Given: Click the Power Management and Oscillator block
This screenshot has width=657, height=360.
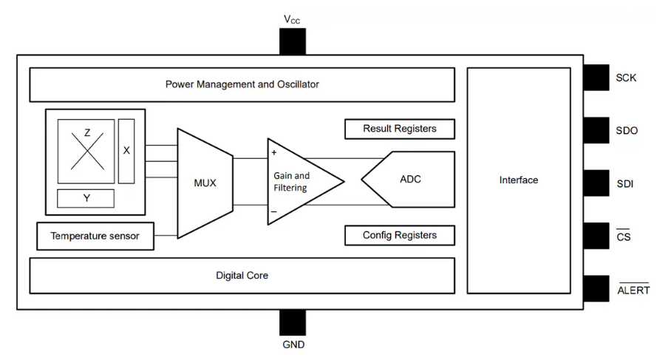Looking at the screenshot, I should [242, 84].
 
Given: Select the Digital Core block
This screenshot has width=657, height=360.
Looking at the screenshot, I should [242, 276].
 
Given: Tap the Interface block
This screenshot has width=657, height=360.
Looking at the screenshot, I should [518, 180].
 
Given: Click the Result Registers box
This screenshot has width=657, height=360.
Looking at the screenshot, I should [399, 129].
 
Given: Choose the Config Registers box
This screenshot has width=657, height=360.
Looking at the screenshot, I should [399, 235].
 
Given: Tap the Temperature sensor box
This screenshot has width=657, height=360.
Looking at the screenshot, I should [94, 237].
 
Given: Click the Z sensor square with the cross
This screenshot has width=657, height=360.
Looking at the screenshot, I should [86, 150].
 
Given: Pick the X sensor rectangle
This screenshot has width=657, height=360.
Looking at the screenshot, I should [126, 150].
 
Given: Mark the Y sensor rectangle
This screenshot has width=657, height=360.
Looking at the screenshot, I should [86, 198].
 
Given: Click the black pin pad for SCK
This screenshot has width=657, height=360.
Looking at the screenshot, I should [596, 78].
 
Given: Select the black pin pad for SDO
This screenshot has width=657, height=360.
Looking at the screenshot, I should [596, 130].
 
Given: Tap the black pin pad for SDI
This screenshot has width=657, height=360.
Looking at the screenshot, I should [596, 183].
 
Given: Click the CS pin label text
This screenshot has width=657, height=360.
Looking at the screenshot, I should [624, 237].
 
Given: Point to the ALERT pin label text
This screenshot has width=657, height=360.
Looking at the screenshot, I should [633, 290].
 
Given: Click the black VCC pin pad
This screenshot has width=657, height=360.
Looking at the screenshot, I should [292, 41].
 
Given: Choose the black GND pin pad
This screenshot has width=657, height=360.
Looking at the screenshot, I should [292, 322].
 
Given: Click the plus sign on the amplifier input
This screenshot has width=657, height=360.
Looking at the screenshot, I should [274, 153].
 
